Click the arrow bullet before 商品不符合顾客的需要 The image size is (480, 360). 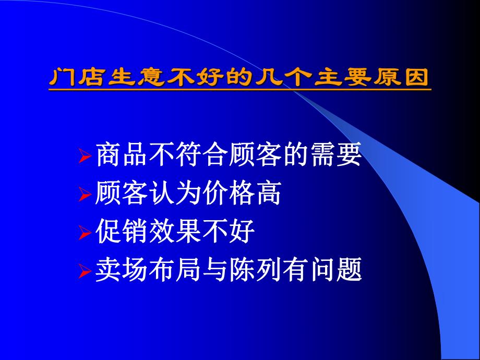[85, 157]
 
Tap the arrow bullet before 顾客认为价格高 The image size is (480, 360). [85, 195]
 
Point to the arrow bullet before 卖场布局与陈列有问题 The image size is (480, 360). [85, 272]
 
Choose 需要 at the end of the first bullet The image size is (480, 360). [335, 155]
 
